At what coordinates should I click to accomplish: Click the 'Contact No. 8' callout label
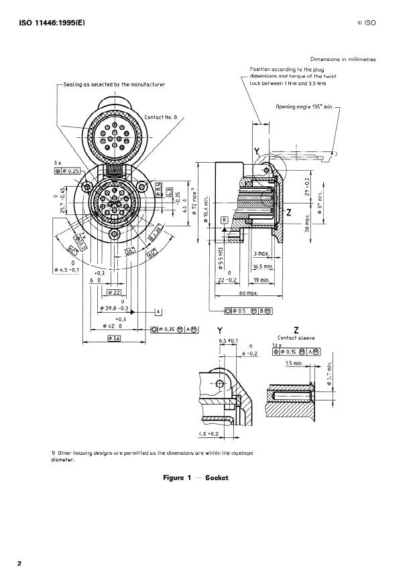click(x=161, y=117)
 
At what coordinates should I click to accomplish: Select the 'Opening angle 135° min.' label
click(x=304, y=106)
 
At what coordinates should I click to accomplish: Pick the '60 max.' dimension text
click(x=249, y=293)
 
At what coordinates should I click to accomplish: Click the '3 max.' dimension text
click(x=261, y=254)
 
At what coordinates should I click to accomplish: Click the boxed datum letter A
click(x=158, y=311)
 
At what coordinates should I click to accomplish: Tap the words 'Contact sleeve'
click(x=296, y=338)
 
